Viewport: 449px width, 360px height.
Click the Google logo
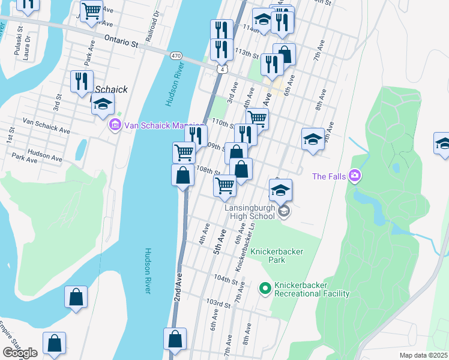tap(20, 352)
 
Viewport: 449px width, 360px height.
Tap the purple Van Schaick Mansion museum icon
tap(115, 126)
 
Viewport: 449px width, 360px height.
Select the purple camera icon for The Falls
tap(355, 176)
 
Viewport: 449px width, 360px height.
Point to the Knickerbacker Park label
tap(277, 256)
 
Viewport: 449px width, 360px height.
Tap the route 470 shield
tap(175, 55)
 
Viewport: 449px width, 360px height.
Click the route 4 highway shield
tap(223, 70)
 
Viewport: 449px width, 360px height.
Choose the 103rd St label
tap(218, 305)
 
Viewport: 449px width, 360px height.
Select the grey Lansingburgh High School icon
tap(285, 211)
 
